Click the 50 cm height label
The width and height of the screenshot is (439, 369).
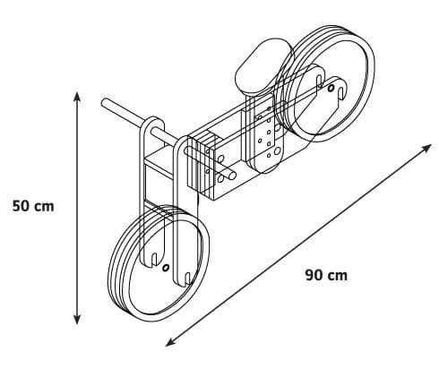point(33,206)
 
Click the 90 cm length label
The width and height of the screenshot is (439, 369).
point(326,275)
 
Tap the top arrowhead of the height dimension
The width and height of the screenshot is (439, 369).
point(77,98)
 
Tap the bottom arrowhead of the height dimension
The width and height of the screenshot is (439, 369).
point(77,319)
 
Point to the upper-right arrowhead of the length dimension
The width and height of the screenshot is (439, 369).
point(426,148)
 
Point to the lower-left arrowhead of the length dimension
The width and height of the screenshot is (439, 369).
point(171,342)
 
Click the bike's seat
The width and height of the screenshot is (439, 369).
point(264,66)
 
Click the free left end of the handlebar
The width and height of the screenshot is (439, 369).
point(105,103)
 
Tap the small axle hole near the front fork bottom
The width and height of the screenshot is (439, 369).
point(166,267)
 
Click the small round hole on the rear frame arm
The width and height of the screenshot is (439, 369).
point(331,89)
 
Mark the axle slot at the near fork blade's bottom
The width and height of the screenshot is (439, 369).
point(187,279)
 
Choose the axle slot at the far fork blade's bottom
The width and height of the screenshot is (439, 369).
point(154,259)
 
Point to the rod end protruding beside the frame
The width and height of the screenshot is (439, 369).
point(232,176)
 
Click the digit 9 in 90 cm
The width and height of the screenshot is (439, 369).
point(310,275)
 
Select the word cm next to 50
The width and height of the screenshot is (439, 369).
point(44,207)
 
